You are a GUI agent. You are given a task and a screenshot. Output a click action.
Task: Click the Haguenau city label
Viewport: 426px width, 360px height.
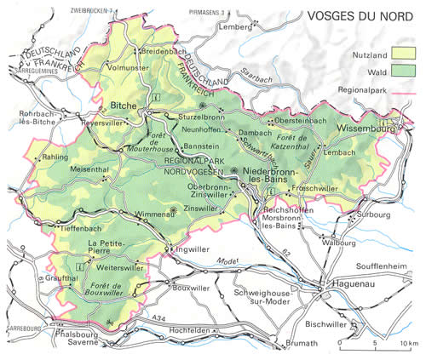click(x=345, y=289)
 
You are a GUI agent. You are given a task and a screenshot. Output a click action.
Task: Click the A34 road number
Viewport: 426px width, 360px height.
click(x=176, y=318)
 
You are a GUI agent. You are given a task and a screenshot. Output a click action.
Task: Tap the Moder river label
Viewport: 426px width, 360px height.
click(x=223, y=260)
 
